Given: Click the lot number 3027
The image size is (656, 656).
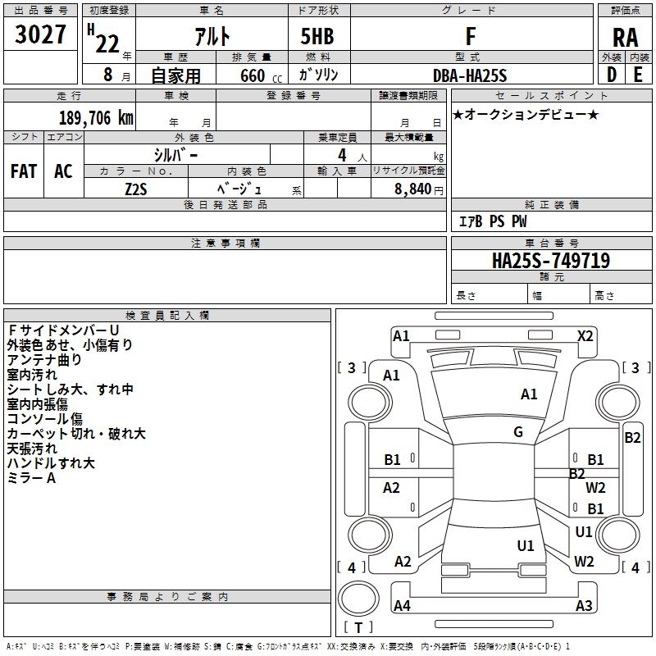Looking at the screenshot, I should point(41,35).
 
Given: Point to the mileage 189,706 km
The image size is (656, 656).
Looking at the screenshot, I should point(96,118).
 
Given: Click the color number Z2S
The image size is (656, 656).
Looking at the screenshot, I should point(136,188).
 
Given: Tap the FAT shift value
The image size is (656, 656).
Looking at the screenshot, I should point(23,171).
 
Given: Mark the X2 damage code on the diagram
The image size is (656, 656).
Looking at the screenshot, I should point(585,335).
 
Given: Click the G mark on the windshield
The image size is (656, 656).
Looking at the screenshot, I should point(518,432).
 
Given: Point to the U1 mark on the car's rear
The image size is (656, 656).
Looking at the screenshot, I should point(526,545).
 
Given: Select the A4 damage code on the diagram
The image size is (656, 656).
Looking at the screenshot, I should point(402,606).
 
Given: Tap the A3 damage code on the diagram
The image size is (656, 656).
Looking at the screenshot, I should point(584,606).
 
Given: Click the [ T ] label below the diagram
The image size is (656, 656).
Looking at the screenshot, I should point(358,627).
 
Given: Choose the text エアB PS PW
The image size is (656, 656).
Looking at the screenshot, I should point(492,221).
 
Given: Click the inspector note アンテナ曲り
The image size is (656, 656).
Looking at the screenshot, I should point(44,359).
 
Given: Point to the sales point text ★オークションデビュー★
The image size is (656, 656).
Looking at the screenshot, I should point(526,115).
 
